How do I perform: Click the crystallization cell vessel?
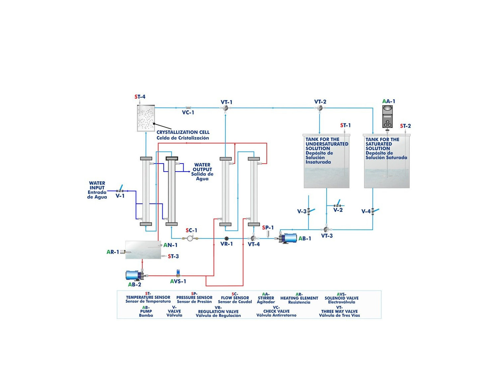point(146,118)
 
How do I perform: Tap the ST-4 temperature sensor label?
point(140,97)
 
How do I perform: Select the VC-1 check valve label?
point(188,113)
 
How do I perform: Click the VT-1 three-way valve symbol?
point(226,108)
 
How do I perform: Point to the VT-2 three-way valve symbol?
point(320,108)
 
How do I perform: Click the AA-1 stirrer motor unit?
point(388,117)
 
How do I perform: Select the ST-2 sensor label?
point(406,126)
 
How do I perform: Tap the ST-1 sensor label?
point(345,125)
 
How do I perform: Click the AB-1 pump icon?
point(288,238)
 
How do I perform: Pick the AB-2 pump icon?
point(135,275)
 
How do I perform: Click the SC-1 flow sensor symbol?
point(190,238)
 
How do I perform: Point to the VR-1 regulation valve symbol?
point(227,238)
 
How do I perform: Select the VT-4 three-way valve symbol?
point(253,238)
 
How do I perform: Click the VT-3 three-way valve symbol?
point(326,229)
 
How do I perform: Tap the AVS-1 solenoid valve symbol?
point(178,274)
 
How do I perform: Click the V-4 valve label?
point(366,211)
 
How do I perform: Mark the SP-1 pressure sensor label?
point(268,228)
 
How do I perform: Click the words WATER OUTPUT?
point(202,167)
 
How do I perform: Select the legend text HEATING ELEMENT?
point(299,298)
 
